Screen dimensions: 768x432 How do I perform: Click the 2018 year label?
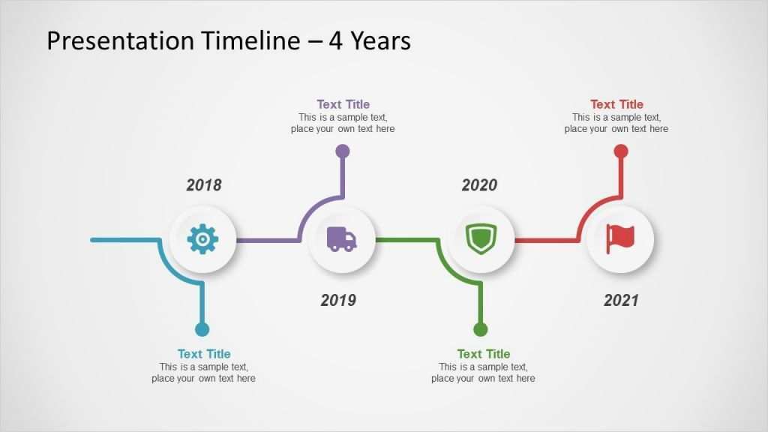[x=204, y=185]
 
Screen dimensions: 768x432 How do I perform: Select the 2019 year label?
[x=338, y=300]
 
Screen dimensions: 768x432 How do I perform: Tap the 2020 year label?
[x=479, y=185]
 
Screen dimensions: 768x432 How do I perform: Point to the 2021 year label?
[x=621, y=300]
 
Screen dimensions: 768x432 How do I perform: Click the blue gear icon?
[x=202, y=239]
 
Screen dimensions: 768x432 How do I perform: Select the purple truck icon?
[x=341, y=239]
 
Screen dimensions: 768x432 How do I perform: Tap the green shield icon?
[x=481, y=239]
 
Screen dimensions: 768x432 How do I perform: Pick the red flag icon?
[x=620, y=239]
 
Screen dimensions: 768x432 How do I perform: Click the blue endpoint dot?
[x=202, y=329]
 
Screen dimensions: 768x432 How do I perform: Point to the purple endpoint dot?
[x=342, y=151]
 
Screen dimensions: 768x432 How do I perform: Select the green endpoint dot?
[x=481, y=329]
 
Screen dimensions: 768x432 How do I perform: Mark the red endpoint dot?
[x=620, y=151]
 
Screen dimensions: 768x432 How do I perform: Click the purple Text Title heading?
[x=343, y=104]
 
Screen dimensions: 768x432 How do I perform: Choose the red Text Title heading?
[x=616, y=104]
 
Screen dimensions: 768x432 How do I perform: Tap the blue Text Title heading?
[x=204, y=354]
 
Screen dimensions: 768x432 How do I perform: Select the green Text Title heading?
[x=484, y=354]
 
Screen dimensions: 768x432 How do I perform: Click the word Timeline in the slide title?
[x=250, y=40]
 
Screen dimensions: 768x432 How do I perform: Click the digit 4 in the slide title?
[x=335, y=41]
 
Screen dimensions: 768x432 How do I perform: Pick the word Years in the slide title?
[x=380, y=41]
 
